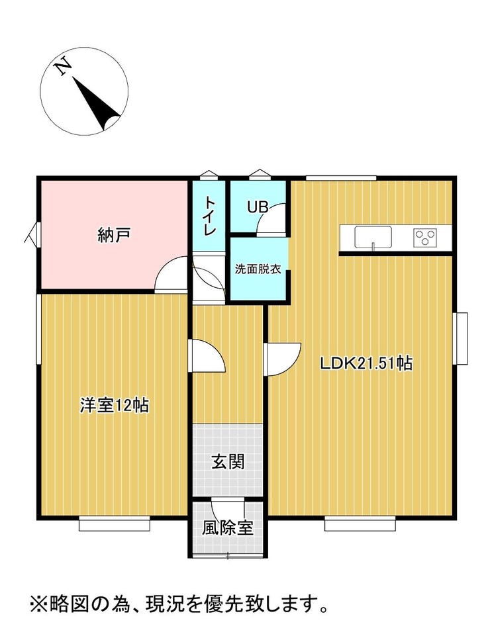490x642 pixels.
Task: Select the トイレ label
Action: click(210, 215)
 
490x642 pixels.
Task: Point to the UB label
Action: click(258, 207)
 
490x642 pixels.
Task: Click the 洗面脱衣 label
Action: click(258, 269)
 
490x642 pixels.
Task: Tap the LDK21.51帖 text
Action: click(366, 363)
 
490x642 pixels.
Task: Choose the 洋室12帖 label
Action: click(115, 405)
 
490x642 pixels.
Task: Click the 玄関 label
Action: click(228, 461)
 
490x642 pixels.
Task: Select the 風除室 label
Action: click(227, 528)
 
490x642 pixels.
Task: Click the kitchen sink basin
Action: click(373, 237)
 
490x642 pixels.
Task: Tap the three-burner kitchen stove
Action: click(424, 237)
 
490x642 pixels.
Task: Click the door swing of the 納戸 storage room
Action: click(171, 273)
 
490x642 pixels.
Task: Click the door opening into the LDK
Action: click(283, 359)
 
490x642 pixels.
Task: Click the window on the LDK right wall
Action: click(460, 338)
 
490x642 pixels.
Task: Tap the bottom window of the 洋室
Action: click(115, 524)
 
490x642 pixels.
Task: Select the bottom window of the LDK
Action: click(360, 524)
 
